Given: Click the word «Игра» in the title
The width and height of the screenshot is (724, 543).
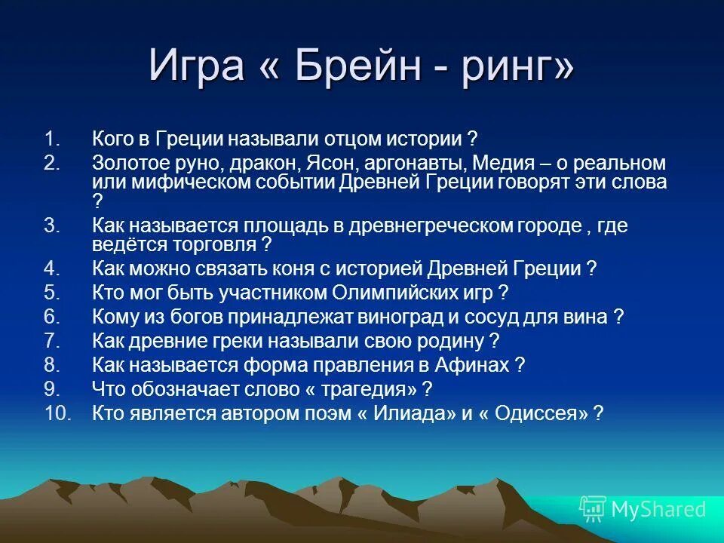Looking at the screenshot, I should tap(198, 66).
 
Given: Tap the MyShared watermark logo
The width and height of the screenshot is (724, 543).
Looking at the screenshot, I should tap(642, 509).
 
